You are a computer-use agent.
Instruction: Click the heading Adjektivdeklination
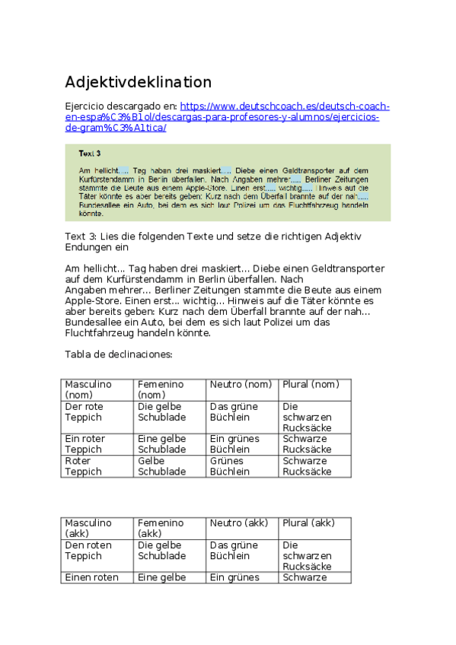138,82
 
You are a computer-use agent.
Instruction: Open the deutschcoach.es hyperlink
285,106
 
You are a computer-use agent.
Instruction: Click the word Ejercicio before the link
87,106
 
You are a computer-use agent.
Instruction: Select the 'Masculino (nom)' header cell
88,389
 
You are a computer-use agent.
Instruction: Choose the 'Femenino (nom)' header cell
161,389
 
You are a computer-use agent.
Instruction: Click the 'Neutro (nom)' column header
240,384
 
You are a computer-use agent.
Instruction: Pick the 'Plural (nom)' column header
310,384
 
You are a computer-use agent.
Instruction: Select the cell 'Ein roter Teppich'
85,444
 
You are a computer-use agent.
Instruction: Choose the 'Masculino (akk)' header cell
88,528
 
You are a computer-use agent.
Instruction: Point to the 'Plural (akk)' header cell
308,523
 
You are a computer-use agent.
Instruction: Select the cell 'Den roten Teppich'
88,550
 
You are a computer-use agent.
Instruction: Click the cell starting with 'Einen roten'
91,577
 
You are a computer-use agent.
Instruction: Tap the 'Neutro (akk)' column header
239,523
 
